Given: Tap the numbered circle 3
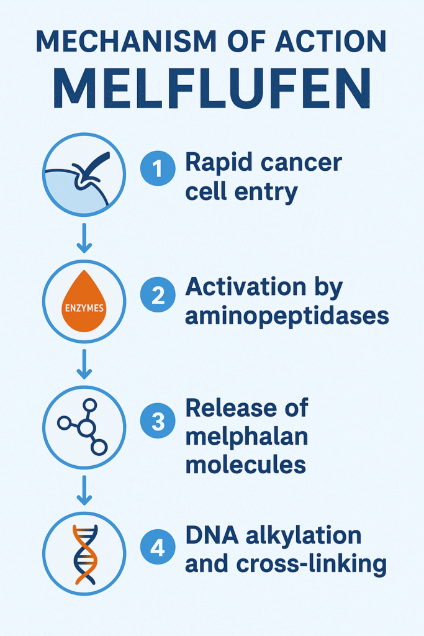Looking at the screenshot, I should (158, 422).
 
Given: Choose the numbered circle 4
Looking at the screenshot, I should (158, 548).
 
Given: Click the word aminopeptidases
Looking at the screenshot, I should (287, 317).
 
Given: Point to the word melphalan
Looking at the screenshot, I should (246, 437).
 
